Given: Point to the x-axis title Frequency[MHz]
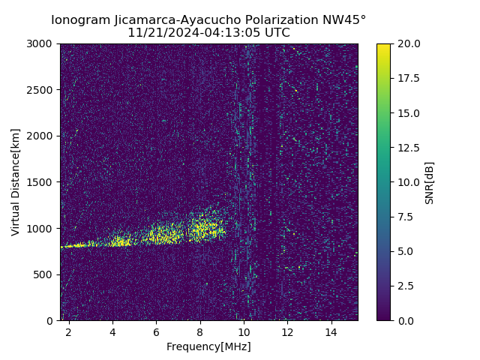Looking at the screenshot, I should pyautogui.click(x=208, y=346).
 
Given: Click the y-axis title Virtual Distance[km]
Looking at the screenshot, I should pyautogui.click(x=16, y=182).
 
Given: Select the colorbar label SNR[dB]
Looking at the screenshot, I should pyautogui.click(x=430, y=182).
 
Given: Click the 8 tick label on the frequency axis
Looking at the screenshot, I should pyautogui.click(x=200, y=332).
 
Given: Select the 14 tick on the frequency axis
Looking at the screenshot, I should pyautogui.click(x=331, y=332).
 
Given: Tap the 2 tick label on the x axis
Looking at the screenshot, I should pyautogui.click(x=69, y=332).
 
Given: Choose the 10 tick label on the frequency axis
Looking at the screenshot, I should pyautogui.click(x=244, y=332).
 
